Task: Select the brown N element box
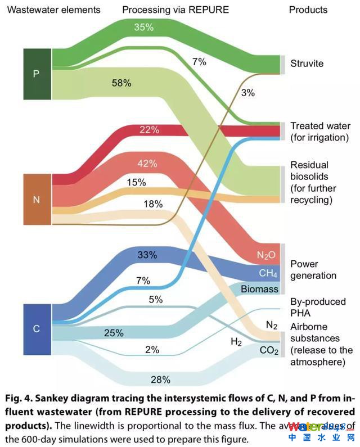[x=37, y=200]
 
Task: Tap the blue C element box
[x=37, y=329]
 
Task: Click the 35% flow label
[x=144, y=27]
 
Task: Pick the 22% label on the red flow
[x=150, y=130]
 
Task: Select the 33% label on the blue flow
[x=147, y=255]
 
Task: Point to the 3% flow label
[x=247, y=93]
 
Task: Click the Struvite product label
[x=307, y=64]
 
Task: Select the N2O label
[x=266, y=255]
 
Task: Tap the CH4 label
[x=268, y=274]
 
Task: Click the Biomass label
[x=259, y=290]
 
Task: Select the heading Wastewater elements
[x=54, y=10]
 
